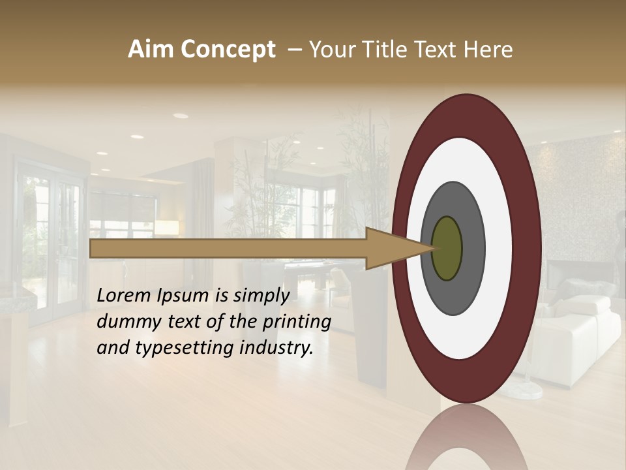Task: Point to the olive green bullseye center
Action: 447,248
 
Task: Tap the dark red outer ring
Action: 527,248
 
